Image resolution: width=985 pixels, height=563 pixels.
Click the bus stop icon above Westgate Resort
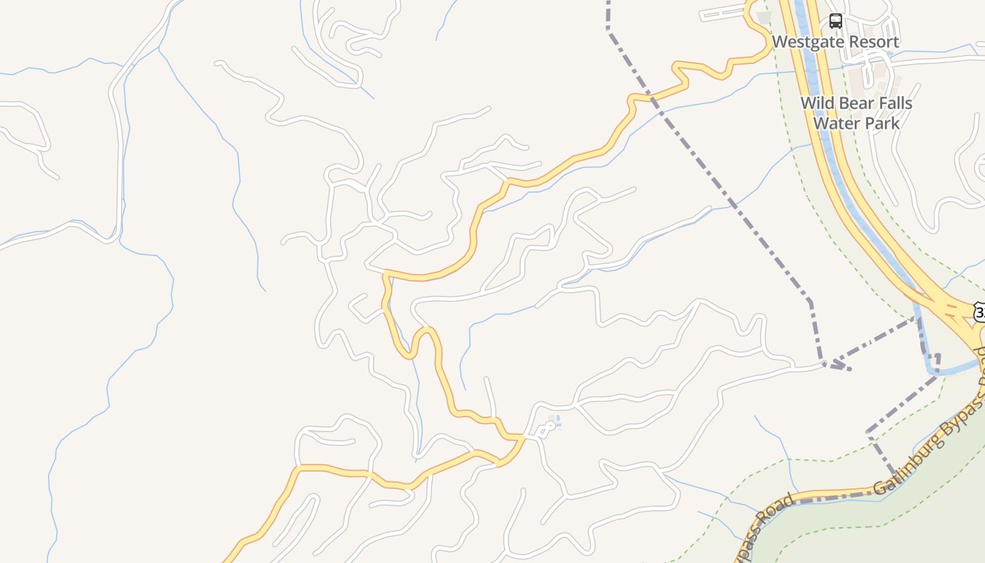(835, 21)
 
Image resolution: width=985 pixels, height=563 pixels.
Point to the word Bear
(856, 103)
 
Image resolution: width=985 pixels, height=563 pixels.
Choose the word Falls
(895, 103)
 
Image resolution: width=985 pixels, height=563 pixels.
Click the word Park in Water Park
(883, 123)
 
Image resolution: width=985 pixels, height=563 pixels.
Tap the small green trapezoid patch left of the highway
(763, 17)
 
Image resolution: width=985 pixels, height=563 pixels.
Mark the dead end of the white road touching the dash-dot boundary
(824, 364)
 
